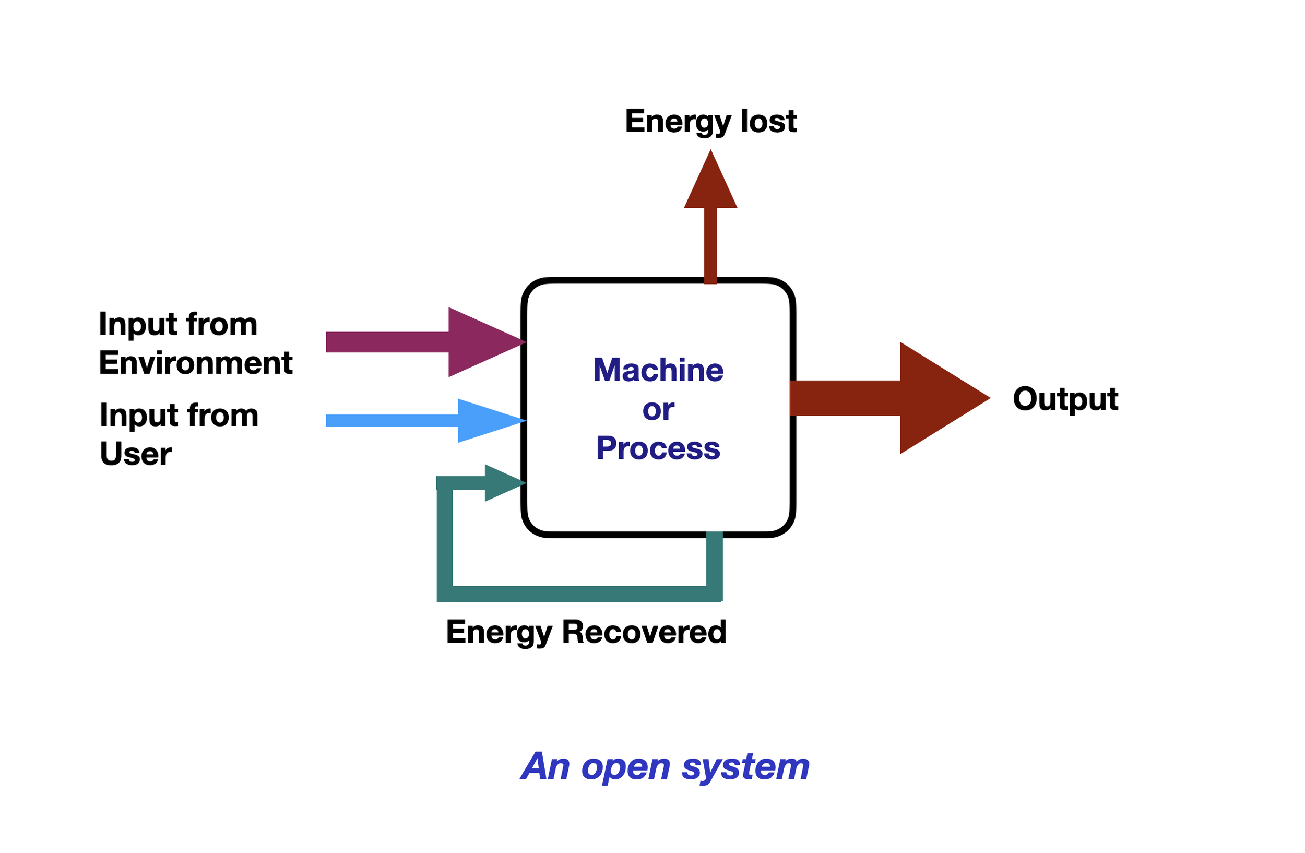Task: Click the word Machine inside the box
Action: click(x=658, y=370)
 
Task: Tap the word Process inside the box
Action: click(x=658, y=448)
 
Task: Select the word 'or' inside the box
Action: click(x=658, y=409)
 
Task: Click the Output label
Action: click(x=1065, y=398)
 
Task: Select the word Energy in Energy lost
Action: click(x=678, y=122)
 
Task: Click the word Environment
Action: click(x=196, y=363)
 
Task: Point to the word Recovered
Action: click(x=644, y=632)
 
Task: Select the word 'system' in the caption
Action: click(x=745, y=766)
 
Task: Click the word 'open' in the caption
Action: click(x=626, y=767)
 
